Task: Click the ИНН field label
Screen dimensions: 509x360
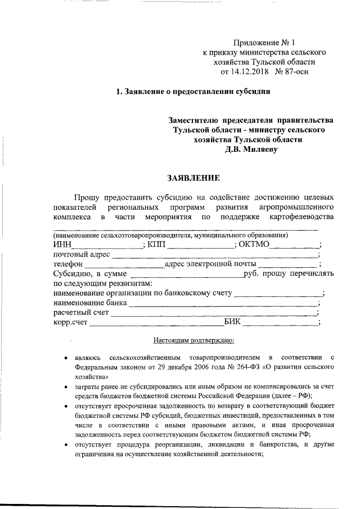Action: tap(62, 244)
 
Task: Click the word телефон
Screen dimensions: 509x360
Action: tap(69, 264)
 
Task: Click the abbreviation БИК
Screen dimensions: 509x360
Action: tap(233, 322)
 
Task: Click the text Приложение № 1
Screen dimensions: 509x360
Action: tap(264, 43)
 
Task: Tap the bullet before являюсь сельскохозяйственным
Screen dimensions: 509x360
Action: tap(66, 357)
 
